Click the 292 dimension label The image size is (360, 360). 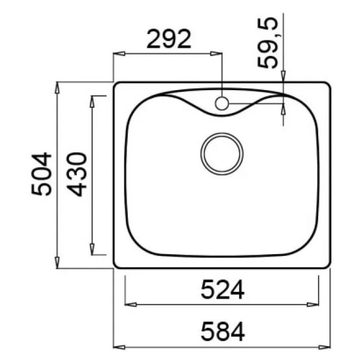tap(169, 39)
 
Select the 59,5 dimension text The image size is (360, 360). tap(268, 43)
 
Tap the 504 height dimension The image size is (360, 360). tap(42, 174)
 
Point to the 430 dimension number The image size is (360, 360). tap(77, 174)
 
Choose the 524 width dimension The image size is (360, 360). tap(222, 290)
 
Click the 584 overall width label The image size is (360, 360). tap(223, 332)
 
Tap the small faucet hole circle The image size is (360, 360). tap(222, 103)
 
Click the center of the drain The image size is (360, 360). tap(222, 154)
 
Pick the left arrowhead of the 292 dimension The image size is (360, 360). tap(119, 54)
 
